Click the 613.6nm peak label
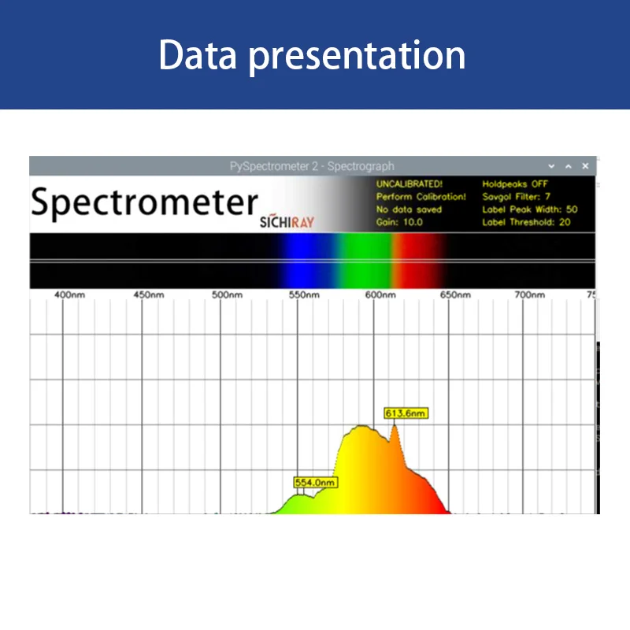pyautogui.click(x=406, y=413)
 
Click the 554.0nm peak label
pyautogui.click(x=315, y=482)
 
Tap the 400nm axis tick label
pyautogui.click(x=69, y=295)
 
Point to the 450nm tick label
pyautogui.click(x=148, y=295)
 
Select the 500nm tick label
pyautogui.click(x=226, y=295)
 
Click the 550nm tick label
pyautogui.click(x=304, y=295)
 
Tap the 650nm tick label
pyautogui.click(x=455, y=295)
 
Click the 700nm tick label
pyautogui.click(x=530, y=295)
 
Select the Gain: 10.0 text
pyautogui.click(x=399, y=222)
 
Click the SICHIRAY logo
pyautogui.click(x=287, y=222)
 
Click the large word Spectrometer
pyautogui.click(x=144, y=203)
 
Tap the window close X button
pyautogui.click(x=585, y=166)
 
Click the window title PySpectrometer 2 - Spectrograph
pyautogui.click(x=312, y=166)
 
